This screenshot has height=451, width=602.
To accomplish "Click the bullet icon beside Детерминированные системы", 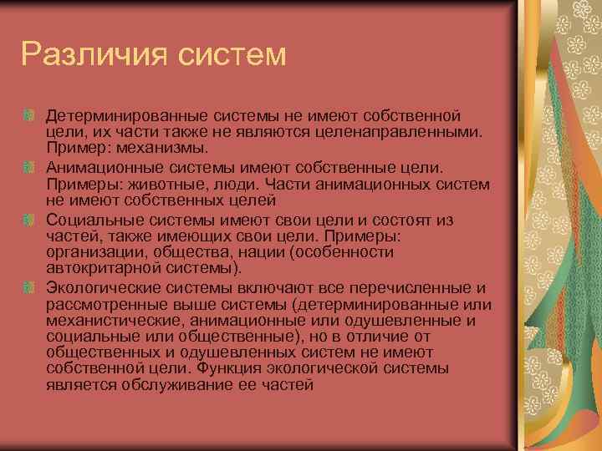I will [x=28, y=113].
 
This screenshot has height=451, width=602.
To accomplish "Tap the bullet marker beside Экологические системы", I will [x=28, y=287].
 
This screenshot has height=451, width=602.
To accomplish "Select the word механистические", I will [x=101, y=320].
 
